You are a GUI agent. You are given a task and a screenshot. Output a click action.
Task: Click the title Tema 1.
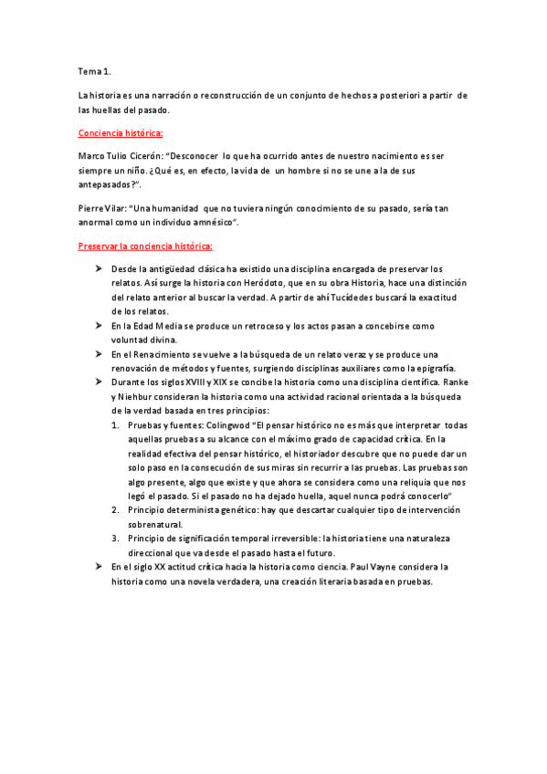pyautogui.click(x=95, y=70)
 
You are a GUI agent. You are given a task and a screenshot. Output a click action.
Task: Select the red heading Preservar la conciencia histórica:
pyautogui.click(x=145, y=246)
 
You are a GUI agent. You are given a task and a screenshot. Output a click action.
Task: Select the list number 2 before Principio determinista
pyautogui.click(x=114, y=509)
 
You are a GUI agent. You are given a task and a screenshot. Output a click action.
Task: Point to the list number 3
pyautogui.click(x=114, y=539)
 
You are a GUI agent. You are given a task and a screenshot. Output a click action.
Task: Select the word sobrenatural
pyautogui.click(x=154, y=524)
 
